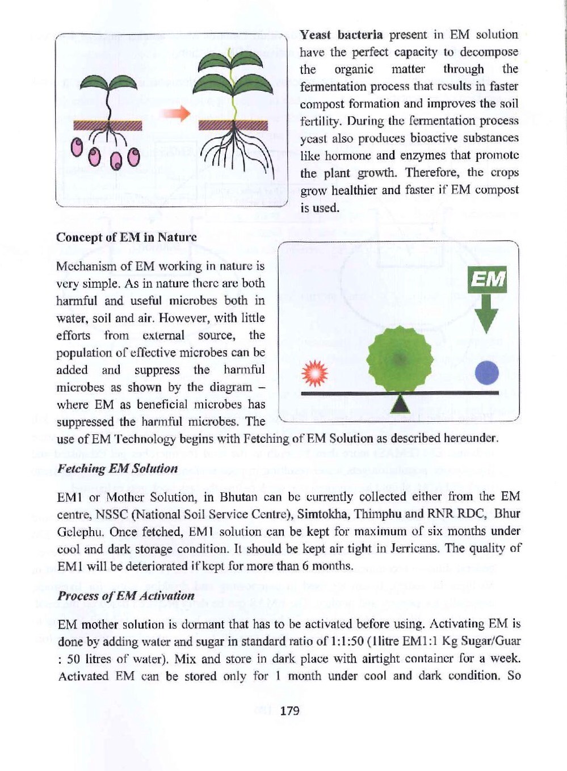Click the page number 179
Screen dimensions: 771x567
[289, 711]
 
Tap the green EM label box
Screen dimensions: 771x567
[487, 279]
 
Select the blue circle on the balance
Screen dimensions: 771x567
[486, 373]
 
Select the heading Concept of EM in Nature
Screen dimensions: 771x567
[126, 237]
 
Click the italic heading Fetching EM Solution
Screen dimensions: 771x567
[117, 468]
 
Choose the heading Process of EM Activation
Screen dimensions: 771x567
[126, 596]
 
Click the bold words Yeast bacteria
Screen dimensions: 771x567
[341, 35]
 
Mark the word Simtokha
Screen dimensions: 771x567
[321, 514]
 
